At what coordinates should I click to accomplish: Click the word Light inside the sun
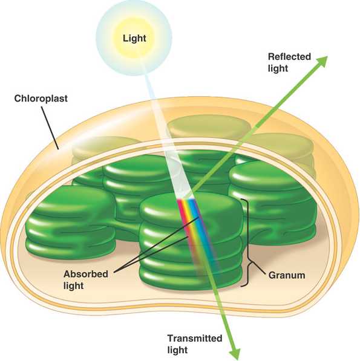(x=134, y=39)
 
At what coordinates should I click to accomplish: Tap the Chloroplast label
(x=41, y=99)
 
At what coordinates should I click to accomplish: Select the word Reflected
(x=289, y=57)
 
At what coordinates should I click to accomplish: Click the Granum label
(x=287, y=275)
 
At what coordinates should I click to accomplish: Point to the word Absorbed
(x=86, y=274)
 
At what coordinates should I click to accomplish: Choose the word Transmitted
(x=195, y=338)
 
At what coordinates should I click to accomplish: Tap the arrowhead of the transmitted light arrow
(x=235, y=354)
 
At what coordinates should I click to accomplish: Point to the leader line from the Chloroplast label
(x=50, y=128)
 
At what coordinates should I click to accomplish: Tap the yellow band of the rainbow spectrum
(x=192, y=228)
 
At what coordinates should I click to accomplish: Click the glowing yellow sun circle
(x=134, y=37)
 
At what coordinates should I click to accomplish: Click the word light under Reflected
(x=278, y=68)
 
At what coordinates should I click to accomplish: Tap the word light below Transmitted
(x=177, y=350)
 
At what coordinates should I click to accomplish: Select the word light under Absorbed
(x=73, y=285)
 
